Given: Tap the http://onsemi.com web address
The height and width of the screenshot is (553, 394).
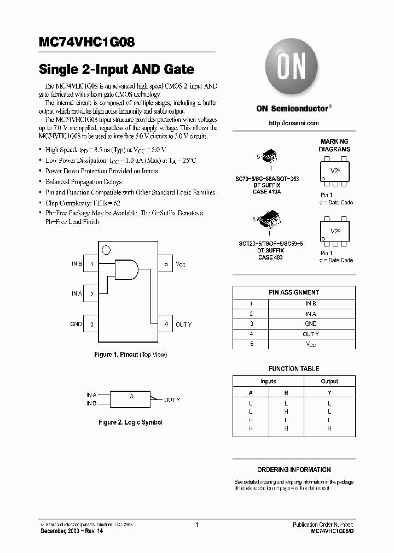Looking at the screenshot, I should [294, 123].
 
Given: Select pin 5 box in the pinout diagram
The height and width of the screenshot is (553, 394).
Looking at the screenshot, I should [166, 264].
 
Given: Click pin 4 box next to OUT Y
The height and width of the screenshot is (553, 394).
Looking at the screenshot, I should [166, 324].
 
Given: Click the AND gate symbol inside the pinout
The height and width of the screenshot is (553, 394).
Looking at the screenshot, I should [128, 268].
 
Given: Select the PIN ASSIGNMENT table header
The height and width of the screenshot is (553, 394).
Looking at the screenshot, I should [294, 292].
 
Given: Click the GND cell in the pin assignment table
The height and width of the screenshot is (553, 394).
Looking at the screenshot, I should [310, 323].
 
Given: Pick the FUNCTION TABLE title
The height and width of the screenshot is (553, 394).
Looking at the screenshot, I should [294, 369].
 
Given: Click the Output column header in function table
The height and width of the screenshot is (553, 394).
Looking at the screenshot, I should [329, 381].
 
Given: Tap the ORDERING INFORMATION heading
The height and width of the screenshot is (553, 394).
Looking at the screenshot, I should [294, 470].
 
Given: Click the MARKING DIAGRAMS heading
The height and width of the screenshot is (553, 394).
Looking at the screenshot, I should [334, 145].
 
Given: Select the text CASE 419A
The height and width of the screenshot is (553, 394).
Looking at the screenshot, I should [268, 192].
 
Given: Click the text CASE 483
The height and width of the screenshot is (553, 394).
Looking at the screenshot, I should [270, 257].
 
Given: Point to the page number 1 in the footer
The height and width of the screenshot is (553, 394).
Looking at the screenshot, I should [196, 525].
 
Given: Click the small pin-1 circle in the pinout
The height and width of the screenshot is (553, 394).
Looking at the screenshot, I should [106, 250].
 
